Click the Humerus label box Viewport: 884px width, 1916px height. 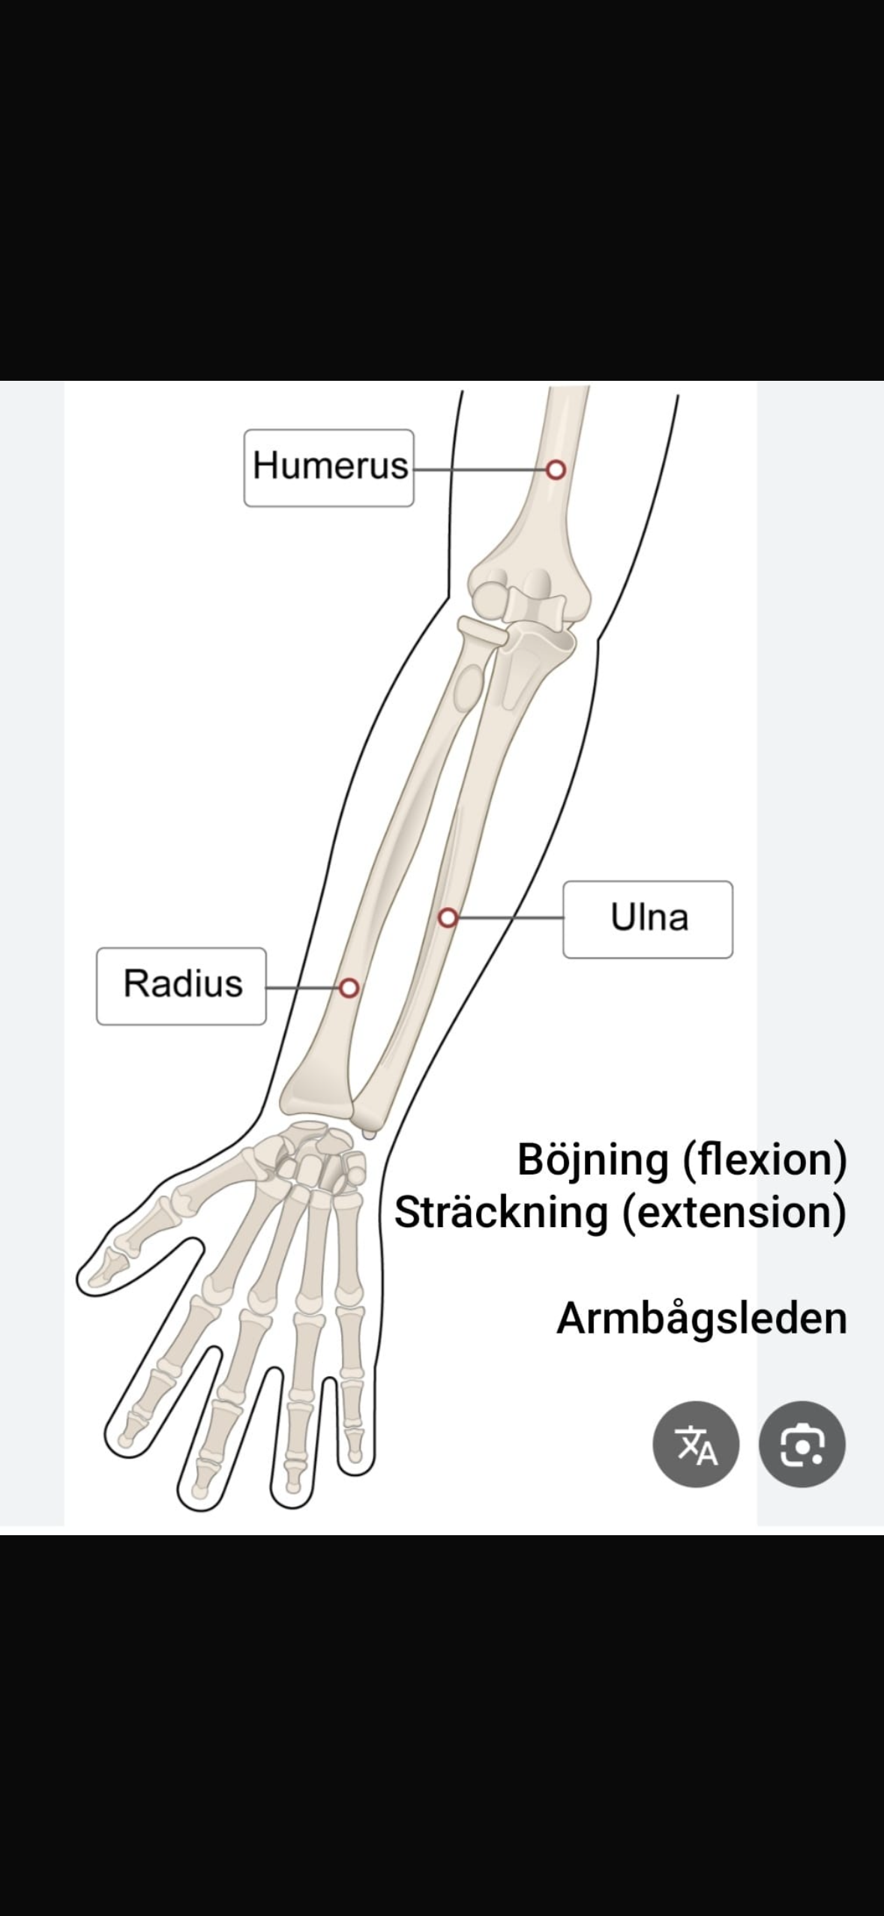point(328,468)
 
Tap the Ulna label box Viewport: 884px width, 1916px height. point(648,919)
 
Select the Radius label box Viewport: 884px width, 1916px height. point(181,986)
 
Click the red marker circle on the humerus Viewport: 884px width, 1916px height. point(556,470)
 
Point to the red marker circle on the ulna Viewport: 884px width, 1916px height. point(448,918)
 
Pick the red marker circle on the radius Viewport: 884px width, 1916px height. point(349,988)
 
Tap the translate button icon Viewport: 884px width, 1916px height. point(696,1444)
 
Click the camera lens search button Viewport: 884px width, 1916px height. point(802,1444)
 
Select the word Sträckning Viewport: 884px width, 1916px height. point(501,1212)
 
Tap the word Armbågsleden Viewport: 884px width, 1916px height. point(702,1318)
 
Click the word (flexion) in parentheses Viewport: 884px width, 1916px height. point(765,1160)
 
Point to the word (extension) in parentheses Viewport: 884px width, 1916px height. point(734,1213)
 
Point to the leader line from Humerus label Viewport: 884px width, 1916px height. point(480,470)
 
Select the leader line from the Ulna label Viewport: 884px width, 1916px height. point(511,918)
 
